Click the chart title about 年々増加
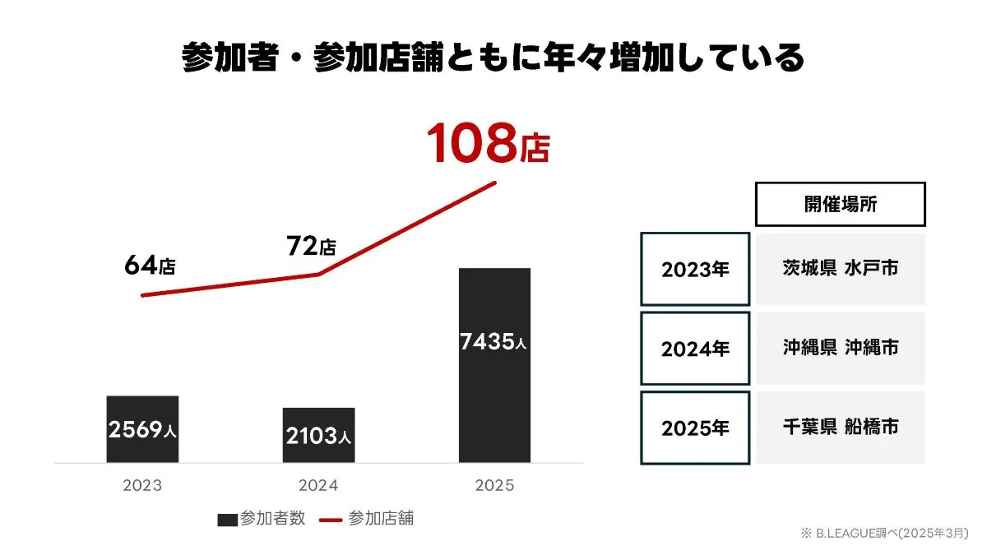click(493, 58)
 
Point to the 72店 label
click(310, 246)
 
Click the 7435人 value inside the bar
click(493, 342)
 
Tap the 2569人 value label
click(142, 430)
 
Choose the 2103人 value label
click(318, 437)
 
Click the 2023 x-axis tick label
click(142, 486)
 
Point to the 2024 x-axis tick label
click(318, 486)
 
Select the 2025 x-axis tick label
click(494, 486)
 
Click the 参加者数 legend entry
click(262, 519)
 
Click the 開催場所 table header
click(840, 205)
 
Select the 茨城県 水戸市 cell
click(840, 269)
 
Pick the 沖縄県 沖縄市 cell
click(840, 348)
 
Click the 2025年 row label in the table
click(695, 428)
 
